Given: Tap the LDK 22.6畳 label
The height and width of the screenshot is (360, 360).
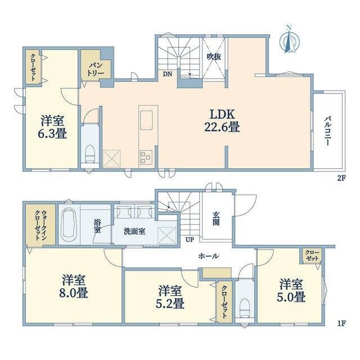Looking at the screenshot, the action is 222,120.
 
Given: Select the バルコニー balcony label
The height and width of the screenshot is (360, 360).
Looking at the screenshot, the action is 327,131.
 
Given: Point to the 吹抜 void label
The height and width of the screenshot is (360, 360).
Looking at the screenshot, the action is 214,56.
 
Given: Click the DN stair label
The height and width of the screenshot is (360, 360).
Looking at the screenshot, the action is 168,74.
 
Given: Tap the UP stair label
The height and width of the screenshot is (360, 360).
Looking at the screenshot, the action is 190,240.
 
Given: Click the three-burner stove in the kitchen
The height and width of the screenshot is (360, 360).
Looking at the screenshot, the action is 146,157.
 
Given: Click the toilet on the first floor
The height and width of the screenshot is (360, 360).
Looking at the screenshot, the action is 244,308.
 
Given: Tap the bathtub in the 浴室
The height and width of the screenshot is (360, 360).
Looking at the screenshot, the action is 69,224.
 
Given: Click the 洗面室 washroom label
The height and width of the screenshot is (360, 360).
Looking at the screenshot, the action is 134,231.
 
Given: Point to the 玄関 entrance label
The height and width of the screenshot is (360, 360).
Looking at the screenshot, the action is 216,218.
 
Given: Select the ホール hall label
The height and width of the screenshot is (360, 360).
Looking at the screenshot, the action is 209,256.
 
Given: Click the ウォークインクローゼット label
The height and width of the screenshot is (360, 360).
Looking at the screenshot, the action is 40,225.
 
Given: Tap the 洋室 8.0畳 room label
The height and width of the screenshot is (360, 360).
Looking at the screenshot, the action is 74,286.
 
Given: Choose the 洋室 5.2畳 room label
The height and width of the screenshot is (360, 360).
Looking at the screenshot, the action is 170,297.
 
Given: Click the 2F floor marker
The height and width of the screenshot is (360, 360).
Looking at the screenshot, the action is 341,178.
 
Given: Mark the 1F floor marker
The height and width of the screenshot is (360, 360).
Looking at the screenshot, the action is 341,323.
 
